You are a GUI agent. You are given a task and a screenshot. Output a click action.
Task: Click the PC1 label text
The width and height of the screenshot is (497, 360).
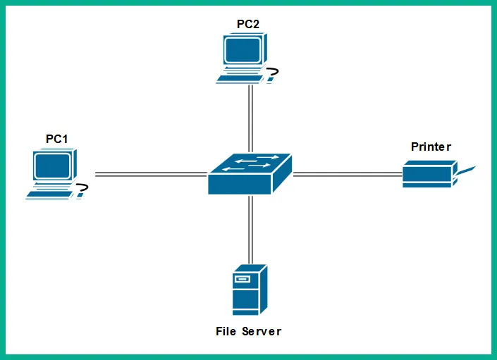(56, 139)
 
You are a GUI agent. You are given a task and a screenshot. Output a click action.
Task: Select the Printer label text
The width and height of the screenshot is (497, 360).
(431, 147)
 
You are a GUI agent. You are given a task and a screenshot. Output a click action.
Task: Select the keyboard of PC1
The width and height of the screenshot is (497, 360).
(49, 194)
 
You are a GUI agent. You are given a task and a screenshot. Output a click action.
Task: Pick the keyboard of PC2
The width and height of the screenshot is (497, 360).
(240, 78)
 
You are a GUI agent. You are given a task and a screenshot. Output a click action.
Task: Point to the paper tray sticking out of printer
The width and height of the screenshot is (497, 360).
(465, 170)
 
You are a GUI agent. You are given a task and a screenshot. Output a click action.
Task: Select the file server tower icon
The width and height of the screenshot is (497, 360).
(250, 290)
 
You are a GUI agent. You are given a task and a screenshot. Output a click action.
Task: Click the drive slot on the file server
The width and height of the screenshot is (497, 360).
(243, 280)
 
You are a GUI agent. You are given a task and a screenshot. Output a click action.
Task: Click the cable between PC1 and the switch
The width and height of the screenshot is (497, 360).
(151, 173)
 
